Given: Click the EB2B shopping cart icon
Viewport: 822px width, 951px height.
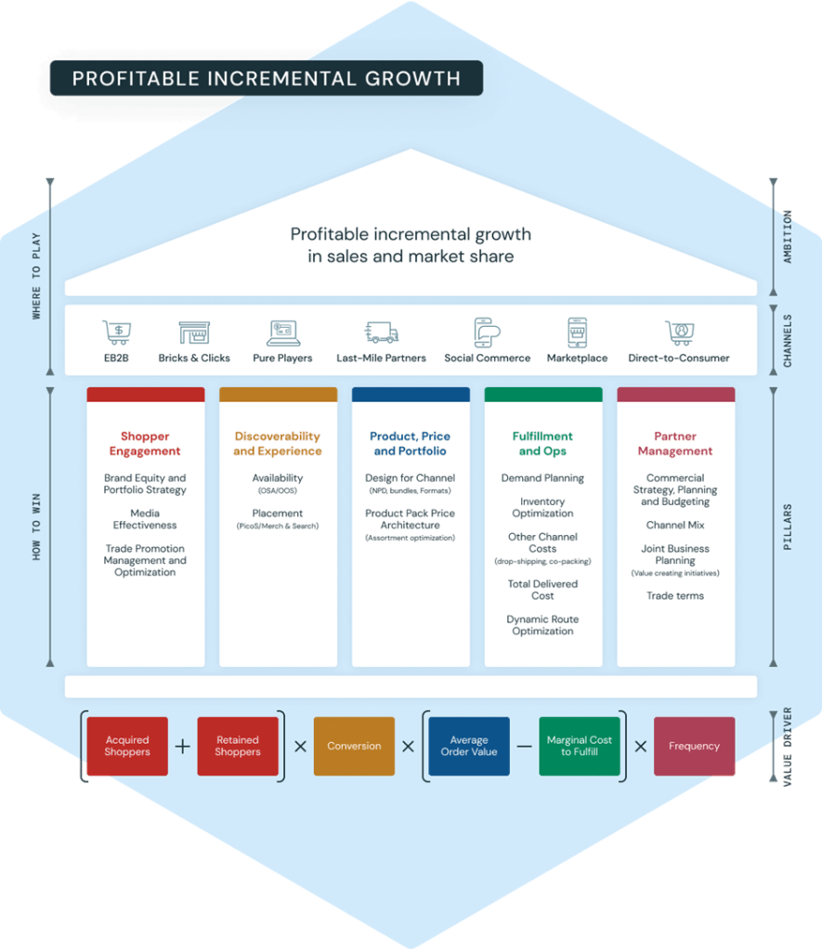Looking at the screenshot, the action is point(116,332).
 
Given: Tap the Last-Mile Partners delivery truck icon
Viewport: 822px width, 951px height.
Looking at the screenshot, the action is point(381,332).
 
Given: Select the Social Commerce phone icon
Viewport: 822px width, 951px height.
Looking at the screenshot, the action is point(487,332).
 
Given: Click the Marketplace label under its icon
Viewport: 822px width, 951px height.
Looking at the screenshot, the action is point(577,358).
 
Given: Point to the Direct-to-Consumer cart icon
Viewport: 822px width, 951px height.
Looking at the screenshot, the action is point(680,332).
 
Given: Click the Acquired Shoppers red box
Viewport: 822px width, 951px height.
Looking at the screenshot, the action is point(127,746).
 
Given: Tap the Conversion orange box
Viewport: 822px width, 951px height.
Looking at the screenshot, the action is point(354,746).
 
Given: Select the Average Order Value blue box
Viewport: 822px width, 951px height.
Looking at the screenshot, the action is point(469,746).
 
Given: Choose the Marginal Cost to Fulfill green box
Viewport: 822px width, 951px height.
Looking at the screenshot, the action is point(580,746).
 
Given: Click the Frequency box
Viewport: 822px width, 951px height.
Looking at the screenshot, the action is point(694,746).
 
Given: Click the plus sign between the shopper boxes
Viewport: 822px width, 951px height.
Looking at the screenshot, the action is point(183,747).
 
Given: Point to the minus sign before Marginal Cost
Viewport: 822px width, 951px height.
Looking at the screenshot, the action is point(525,747).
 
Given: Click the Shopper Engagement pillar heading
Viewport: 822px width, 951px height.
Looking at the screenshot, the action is point(145,443).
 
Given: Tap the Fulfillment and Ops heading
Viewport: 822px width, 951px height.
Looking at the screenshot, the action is point(542,443).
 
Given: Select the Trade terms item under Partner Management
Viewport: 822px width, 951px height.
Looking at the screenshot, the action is point(675,595).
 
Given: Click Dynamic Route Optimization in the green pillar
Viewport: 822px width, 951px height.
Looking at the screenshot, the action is point(542,625).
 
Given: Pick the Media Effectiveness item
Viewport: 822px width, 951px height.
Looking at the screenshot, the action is point(145,519).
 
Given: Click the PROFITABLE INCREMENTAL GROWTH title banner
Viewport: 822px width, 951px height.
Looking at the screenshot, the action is point(267,78).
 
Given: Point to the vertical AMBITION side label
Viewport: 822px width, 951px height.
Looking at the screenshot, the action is point(788,237).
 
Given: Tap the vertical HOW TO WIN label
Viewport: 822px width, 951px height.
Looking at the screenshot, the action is point(36,527).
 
